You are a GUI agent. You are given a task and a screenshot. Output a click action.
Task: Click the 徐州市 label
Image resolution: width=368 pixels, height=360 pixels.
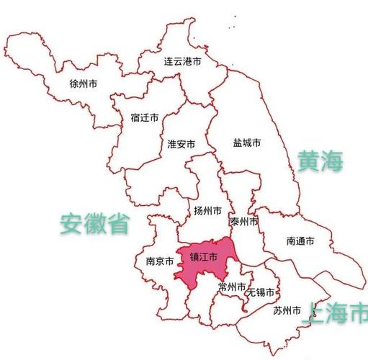(x=84, y=84)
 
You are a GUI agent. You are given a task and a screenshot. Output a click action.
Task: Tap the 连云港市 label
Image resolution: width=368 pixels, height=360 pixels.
(x=182, y=63)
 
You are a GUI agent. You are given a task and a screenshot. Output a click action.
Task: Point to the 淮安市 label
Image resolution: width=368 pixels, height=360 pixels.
(x=181, y=144)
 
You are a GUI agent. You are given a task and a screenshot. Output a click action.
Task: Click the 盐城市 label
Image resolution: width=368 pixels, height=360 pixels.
(x=247, y=143)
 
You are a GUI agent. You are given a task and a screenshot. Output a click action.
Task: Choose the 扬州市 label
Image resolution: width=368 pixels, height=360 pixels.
(x=207, y=211)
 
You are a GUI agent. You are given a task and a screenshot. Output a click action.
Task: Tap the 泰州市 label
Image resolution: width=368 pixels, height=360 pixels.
(x=243, y=222)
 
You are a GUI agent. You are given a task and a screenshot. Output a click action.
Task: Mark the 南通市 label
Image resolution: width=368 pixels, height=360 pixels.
(x=300, y=241)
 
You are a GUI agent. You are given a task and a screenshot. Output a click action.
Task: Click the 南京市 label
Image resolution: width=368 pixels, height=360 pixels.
(x=159, y=261)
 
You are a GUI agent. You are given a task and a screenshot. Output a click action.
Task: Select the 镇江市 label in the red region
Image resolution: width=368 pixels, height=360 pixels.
(x=203, y=256)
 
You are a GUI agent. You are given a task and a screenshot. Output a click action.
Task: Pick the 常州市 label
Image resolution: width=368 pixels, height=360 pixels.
(x=232, y=287)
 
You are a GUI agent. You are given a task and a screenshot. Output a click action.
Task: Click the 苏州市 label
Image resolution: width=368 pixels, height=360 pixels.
(x=287, y=311)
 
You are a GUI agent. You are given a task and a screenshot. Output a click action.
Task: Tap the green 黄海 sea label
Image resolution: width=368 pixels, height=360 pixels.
(x=320, y=161)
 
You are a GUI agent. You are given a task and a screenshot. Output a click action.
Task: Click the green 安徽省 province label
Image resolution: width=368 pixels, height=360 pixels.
(x=94, y=224)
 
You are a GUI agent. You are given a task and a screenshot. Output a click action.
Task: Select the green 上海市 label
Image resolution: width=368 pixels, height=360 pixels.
(x=336, y=314)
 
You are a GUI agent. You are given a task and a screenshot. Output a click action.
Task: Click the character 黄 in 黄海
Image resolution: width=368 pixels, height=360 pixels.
(x=308, y=161)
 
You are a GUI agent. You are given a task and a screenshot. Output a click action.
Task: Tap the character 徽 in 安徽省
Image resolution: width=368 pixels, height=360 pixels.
(x=94, y=224)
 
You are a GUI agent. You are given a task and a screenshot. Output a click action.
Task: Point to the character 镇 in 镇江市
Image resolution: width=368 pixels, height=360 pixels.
(x=194, y=256)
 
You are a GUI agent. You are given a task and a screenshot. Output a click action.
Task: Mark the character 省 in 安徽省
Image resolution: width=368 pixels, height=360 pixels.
(x=118, y=224)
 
